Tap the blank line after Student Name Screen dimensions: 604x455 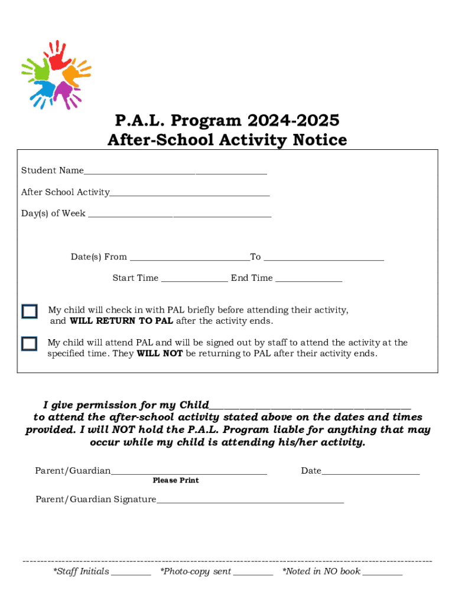175,173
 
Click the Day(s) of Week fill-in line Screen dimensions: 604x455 180,216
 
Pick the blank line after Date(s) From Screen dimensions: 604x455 189,259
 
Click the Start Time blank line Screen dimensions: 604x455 194,280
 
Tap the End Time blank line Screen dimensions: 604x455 308,280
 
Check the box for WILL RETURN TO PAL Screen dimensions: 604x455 29,312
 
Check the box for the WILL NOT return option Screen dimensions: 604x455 29,344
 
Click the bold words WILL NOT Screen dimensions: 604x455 160,354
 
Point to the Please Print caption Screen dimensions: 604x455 175,481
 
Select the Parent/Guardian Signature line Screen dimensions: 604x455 249,502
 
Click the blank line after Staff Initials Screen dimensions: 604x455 131,573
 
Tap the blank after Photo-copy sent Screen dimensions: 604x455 253,573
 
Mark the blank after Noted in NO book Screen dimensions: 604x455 382,573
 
